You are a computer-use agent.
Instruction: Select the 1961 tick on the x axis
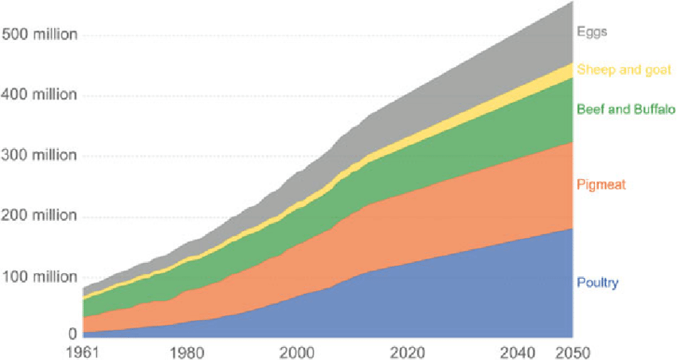[x=83, y=351]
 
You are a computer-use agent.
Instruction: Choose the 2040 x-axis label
[x=521, y=351]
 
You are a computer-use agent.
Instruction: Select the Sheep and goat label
[x=624, y=70]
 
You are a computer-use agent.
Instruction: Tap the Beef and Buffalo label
[x=626, y=109]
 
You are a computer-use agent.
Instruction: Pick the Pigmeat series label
[x=601, y=185]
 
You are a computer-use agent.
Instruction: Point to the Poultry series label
[x=597, y=283]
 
